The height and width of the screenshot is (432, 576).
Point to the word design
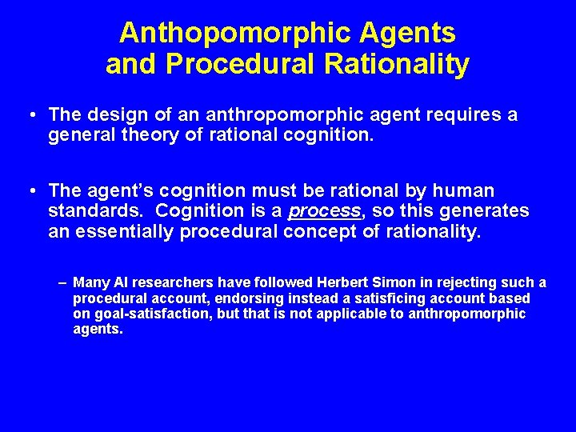(111, 115)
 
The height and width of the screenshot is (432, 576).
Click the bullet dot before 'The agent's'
(29, 192)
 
